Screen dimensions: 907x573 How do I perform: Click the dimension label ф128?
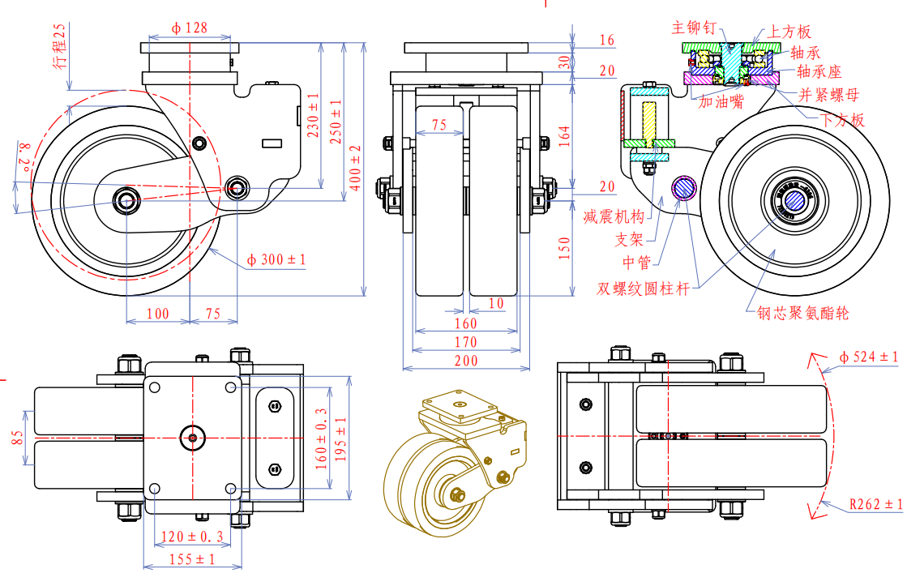coord(189,28)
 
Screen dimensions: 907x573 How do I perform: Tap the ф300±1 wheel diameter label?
coord(276,260)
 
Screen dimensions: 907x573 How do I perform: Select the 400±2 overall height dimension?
coord(355,168)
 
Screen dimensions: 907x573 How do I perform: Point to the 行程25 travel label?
coord(60,46)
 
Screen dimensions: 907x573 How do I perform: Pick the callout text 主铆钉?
coord(694,28)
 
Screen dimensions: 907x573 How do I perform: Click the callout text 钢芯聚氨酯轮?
coord(803,313)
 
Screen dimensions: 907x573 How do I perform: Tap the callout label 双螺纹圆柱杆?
coord(644,288)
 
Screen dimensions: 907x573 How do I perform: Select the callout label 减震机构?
coord(614,216)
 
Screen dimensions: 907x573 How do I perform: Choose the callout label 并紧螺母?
coord(828,95)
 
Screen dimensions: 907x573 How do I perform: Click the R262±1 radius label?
coord(875,504)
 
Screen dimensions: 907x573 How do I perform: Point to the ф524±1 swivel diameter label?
coord(868,357)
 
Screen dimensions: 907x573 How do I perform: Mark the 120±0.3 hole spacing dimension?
coord(192,537)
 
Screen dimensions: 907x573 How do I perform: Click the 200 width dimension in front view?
coord(466,361)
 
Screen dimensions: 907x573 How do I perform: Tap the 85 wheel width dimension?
coord(18,438)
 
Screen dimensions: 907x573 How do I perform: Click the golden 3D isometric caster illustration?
coord(455,463)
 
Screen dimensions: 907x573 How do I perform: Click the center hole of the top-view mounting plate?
coord(192,438)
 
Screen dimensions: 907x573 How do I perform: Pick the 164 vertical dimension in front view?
coord(564,135)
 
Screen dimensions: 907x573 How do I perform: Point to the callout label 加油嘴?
coord(721,102)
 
